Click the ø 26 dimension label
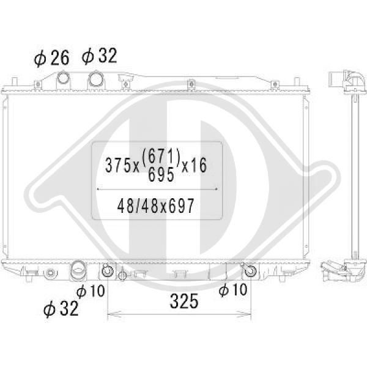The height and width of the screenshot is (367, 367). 52,58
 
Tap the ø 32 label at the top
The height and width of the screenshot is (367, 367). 99,56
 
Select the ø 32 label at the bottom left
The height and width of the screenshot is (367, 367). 61,308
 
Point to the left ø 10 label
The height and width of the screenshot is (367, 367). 91,291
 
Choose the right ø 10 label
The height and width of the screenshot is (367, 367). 233,289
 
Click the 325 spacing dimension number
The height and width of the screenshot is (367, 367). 184,301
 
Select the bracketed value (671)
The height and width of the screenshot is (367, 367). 161,155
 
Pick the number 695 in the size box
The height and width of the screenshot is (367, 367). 161,175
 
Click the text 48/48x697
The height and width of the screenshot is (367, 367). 156,206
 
